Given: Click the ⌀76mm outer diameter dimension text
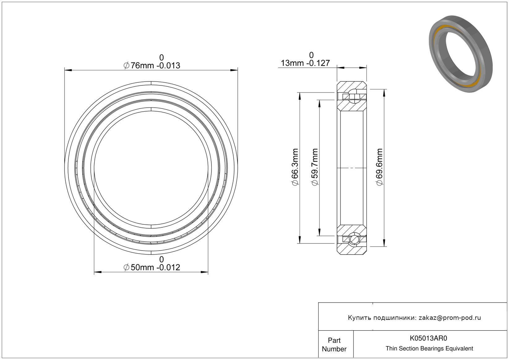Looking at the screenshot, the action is (152, 66).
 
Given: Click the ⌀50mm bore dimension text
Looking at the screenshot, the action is (152, 268).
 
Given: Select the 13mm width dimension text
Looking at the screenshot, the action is (305, 63).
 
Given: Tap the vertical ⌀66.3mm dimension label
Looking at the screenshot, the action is (295, 167).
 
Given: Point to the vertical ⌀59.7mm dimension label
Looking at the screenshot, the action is (315, 167).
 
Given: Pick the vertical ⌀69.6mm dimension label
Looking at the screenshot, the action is (379, 167).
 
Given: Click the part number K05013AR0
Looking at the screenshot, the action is (428, 338).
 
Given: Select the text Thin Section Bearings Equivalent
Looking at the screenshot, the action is (429, 349).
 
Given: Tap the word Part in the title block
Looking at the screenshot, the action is (334, 341).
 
